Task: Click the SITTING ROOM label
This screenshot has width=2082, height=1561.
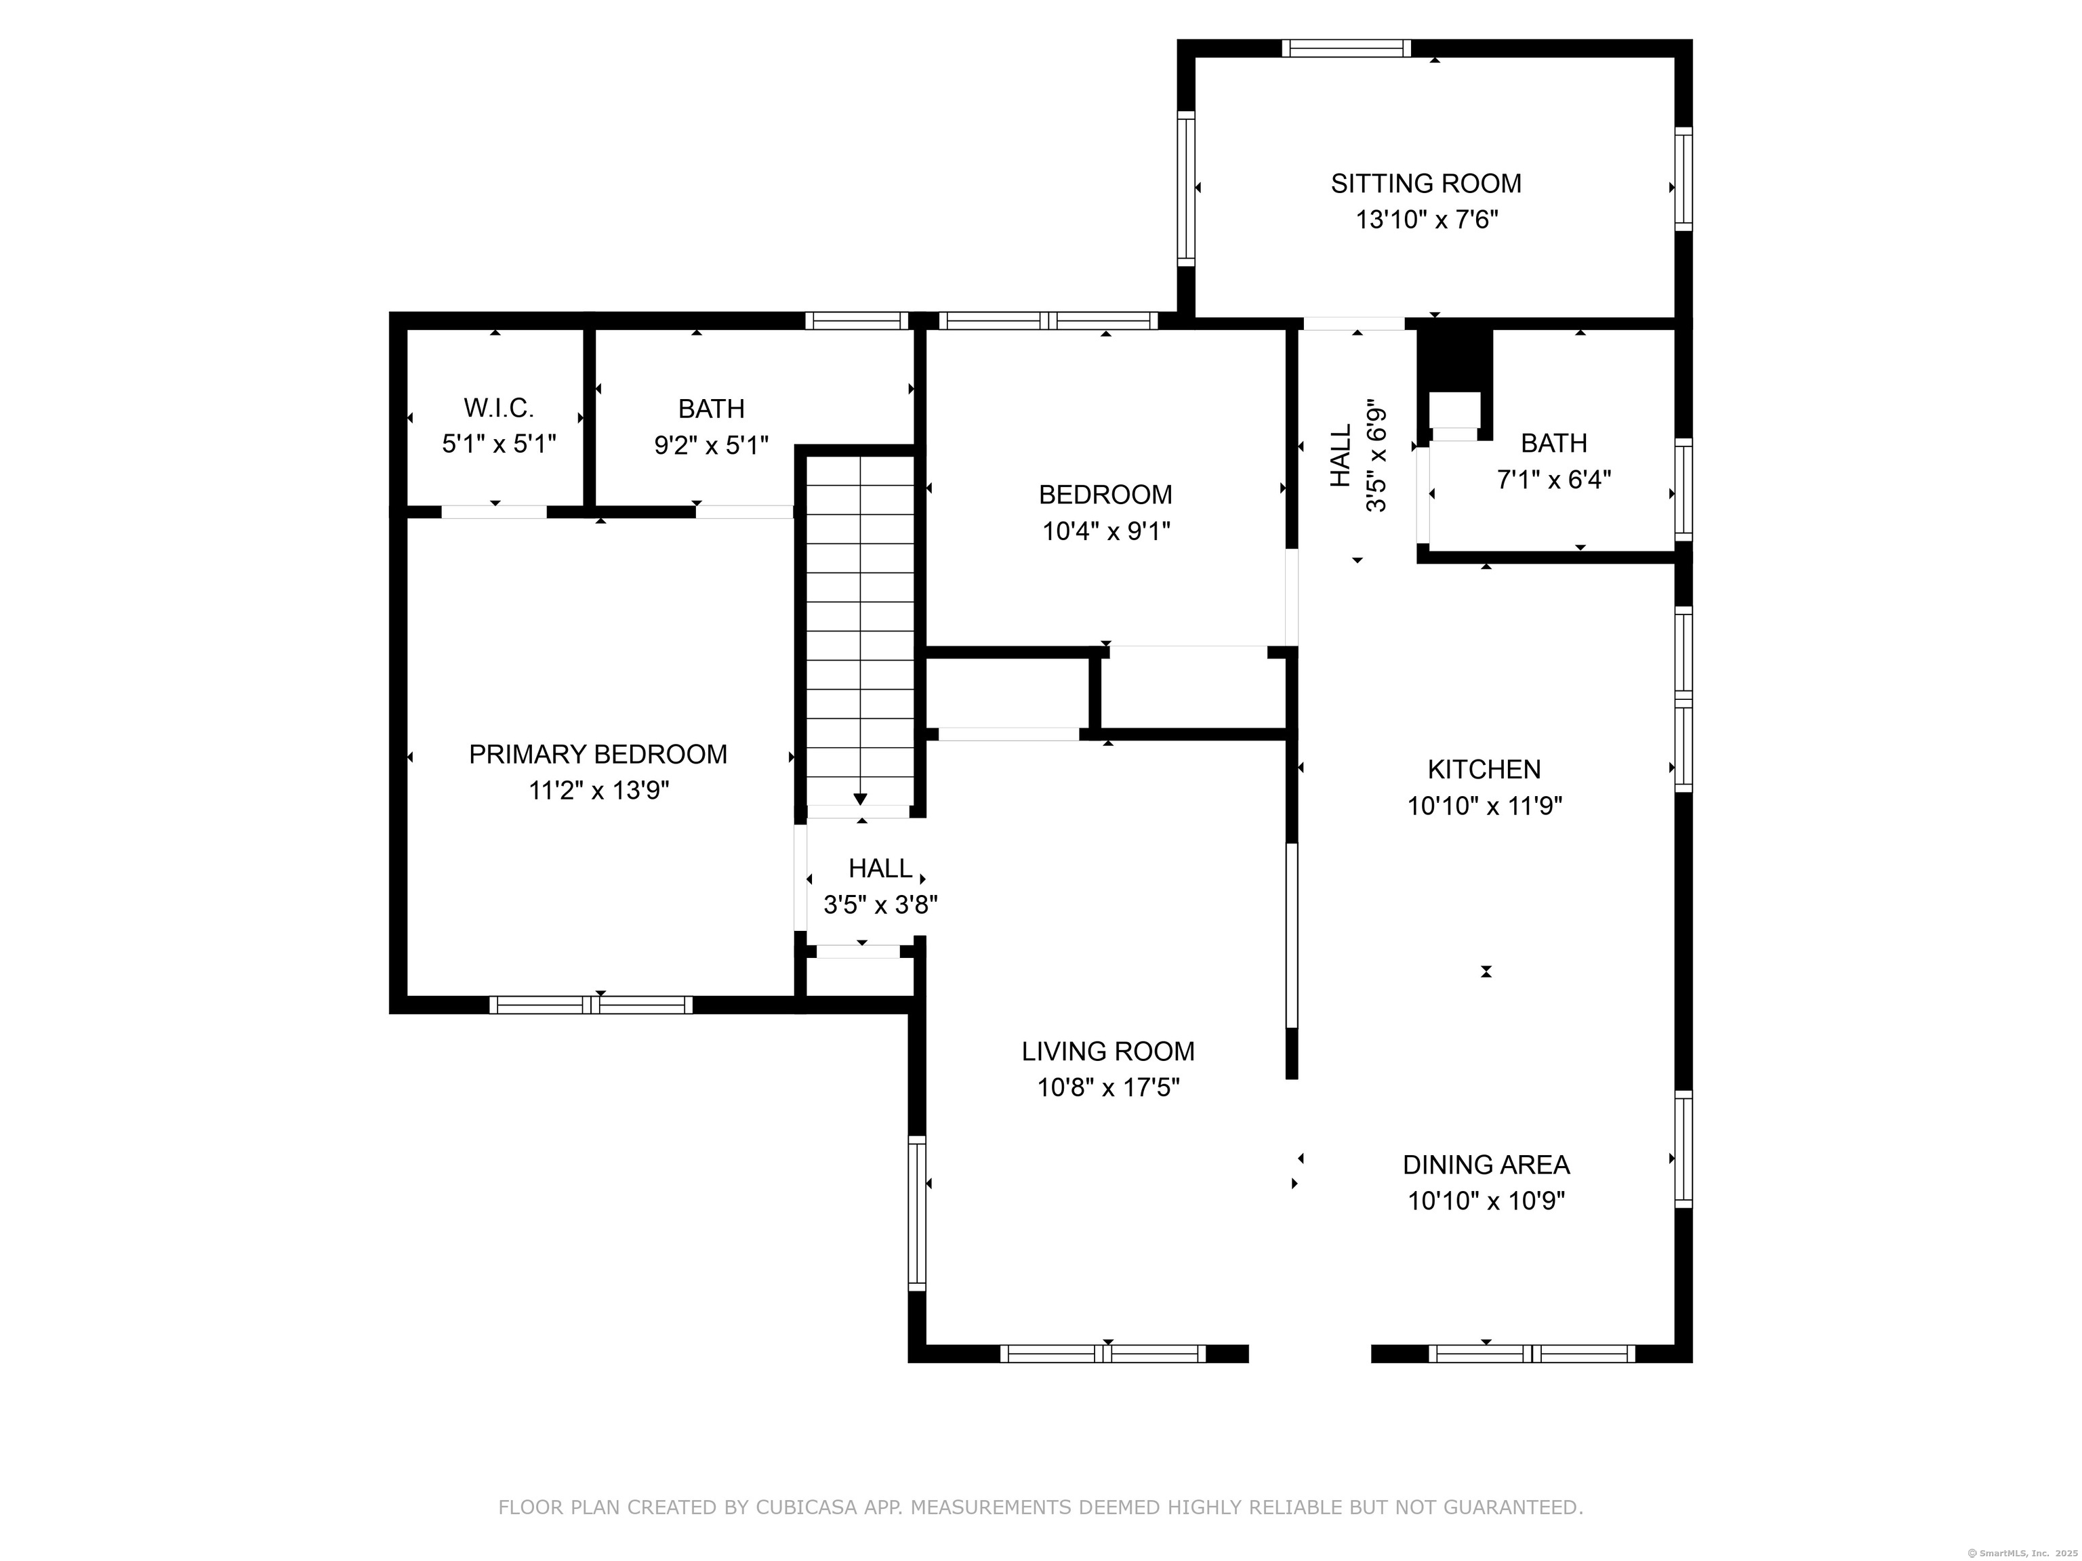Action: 1425,184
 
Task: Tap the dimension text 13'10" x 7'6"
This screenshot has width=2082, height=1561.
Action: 1425,220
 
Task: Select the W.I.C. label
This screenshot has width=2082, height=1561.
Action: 498,409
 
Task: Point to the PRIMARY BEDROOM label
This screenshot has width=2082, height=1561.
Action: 598,755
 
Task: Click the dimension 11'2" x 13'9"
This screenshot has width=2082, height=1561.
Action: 598,791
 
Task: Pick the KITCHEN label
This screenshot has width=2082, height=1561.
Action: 1484,770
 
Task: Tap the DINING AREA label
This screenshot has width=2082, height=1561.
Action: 1486,1165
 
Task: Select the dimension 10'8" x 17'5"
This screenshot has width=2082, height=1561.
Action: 1108,1087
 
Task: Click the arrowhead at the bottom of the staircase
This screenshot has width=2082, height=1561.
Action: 860,799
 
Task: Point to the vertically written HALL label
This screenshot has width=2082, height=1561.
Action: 1341,455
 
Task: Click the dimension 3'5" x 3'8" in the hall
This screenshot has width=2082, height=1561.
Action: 880,905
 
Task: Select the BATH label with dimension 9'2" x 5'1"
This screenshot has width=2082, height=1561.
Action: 711,409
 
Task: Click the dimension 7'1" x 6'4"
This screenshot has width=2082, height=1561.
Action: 1553,480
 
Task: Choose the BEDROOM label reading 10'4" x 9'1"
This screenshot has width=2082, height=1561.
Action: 1105,495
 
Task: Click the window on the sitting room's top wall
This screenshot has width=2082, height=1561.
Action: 1346,49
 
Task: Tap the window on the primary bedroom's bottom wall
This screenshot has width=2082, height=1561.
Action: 591,1005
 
